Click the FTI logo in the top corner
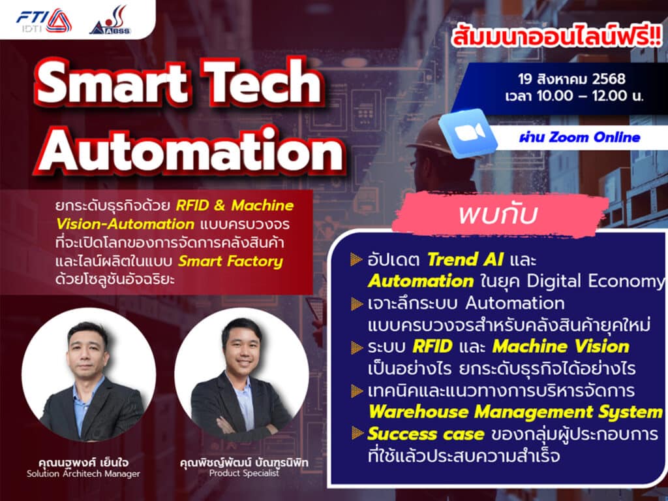(44, 20)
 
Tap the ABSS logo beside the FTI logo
(110, 20)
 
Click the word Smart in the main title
(112, 82)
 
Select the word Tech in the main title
(263, 81)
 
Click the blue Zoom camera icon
(468, 133)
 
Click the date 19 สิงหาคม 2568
(571, 79)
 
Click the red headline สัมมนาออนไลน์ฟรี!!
(557, 37)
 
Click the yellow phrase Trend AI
(465, 259)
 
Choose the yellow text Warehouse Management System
(515, 412)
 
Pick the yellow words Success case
(425, 434)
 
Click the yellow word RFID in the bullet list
(433, 346)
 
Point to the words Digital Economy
(595, 282)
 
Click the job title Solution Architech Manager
(83, 474)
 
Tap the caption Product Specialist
(244, 474)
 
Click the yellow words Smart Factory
(230, 261)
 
